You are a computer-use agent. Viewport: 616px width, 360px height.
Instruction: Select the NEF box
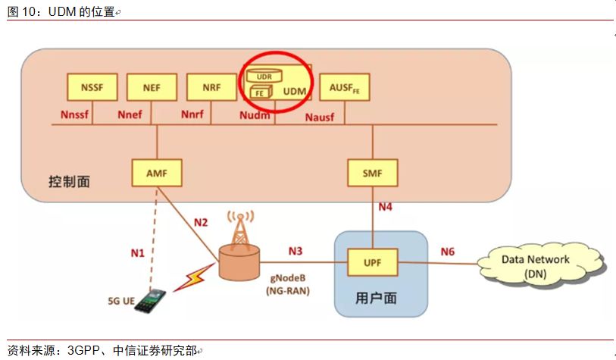[x=151, y=88]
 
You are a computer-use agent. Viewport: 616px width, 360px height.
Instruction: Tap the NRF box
[x=211, y=88]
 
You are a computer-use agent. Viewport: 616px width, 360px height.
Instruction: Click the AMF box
[x=156, y=173]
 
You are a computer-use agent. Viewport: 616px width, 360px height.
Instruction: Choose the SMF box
[x=371, y=173]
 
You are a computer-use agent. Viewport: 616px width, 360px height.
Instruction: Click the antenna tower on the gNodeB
[x=239, y=227]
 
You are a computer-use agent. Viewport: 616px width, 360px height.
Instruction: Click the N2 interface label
[x=200, y=222]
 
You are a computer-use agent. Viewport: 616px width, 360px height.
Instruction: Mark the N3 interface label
[x=295, y=250]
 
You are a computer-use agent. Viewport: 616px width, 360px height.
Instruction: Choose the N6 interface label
[x=447, y=250]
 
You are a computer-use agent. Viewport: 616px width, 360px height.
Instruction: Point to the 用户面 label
[x=376, y=297]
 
